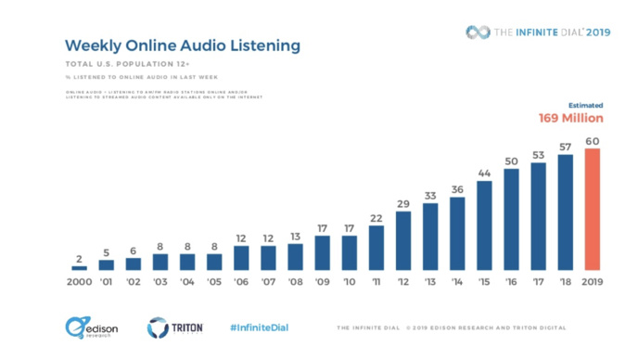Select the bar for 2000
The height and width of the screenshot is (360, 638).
80,267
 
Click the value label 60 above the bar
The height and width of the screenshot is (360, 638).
592,141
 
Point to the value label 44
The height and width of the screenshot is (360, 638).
484,174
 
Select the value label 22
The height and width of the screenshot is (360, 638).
376,218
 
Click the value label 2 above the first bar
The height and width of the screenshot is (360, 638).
80,257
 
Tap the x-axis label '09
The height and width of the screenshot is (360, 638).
322,282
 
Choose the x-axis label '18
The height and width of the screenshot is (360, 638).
564,282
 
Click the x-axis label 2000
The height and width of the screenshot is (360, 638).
80,282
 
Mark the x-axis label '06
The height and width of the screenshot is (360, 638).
241,282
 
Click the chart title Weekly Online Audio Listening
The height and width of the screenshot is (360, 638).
182,45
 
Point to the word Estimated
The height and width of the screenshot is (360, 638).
585,105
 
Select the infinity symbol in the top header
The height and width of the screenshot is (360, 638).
478,32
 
